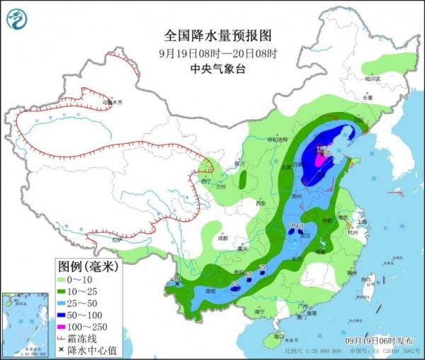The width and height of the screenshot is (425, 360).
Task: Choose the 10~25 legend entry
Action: point(85,291)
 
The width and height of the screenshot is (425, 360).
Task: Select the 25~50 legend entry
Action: point(85,303)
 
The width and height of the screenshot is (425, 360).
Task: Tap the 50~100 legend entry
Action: point(85,315)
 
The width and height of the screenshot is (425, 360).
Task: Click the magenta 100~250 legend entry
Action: point(85,327)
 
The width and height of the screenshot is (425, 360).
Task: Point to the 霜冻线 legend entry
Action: point(85,339)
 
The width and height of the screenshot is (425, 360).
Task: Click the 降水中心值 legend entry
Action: point(89,350)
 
